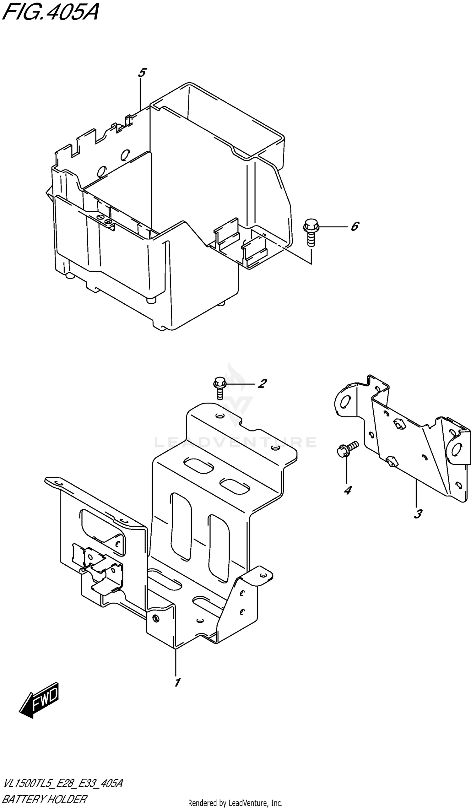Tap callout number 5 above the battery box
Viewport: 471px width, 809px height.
tap(142, 73)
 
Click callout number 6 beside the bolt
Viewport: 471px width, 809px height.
tap(355, 227)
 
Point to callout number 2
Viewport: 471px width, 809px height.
tap(262, 383)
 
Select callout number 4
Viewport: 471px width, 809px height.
tap(347, 490)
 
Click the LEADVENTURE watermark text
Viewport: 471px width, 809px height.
tap(235, 443)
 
